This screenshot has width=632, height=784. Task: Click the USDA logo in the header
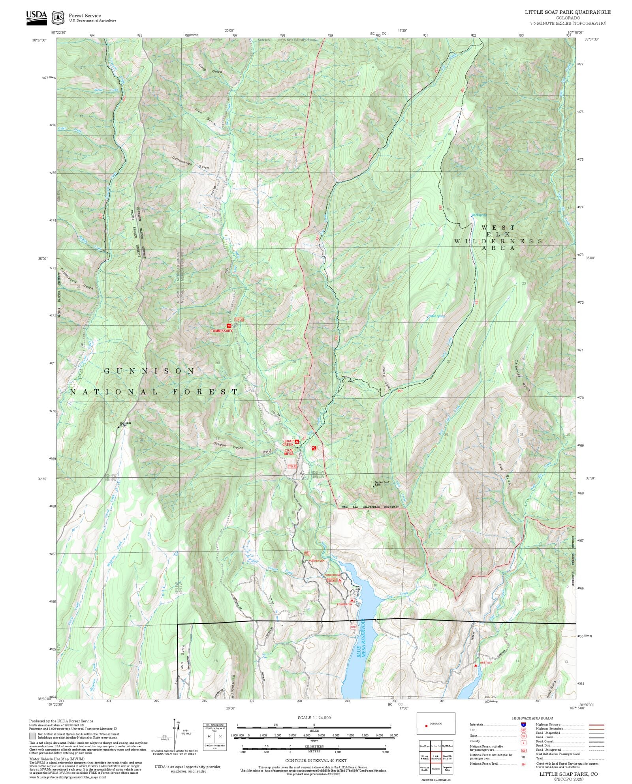[36, 17]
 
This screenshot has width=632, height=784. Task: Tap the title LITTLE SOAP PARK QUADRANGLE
[567, 12]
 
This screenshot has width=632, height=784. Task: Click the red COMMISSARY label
[221, 331]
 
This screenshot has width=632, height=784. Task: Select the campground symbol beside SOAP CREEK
[297, 442]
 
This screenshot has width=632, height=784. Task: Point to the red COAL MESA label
[289, 452]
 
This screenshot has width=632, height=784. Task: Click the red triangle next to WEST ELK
[476, 666]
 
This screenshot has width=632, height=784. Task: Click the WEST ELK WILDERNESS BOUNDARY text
[370, 506]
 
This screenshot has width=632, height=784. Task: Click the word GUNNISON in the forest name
[149, 371]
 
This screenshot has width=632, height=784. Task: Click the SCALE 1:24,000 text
[314, 718]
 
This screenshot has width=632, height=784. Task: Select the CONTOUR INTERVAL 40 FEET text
[316, 760]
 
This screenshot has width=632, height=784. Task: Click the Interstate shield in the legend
[523, 725]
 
